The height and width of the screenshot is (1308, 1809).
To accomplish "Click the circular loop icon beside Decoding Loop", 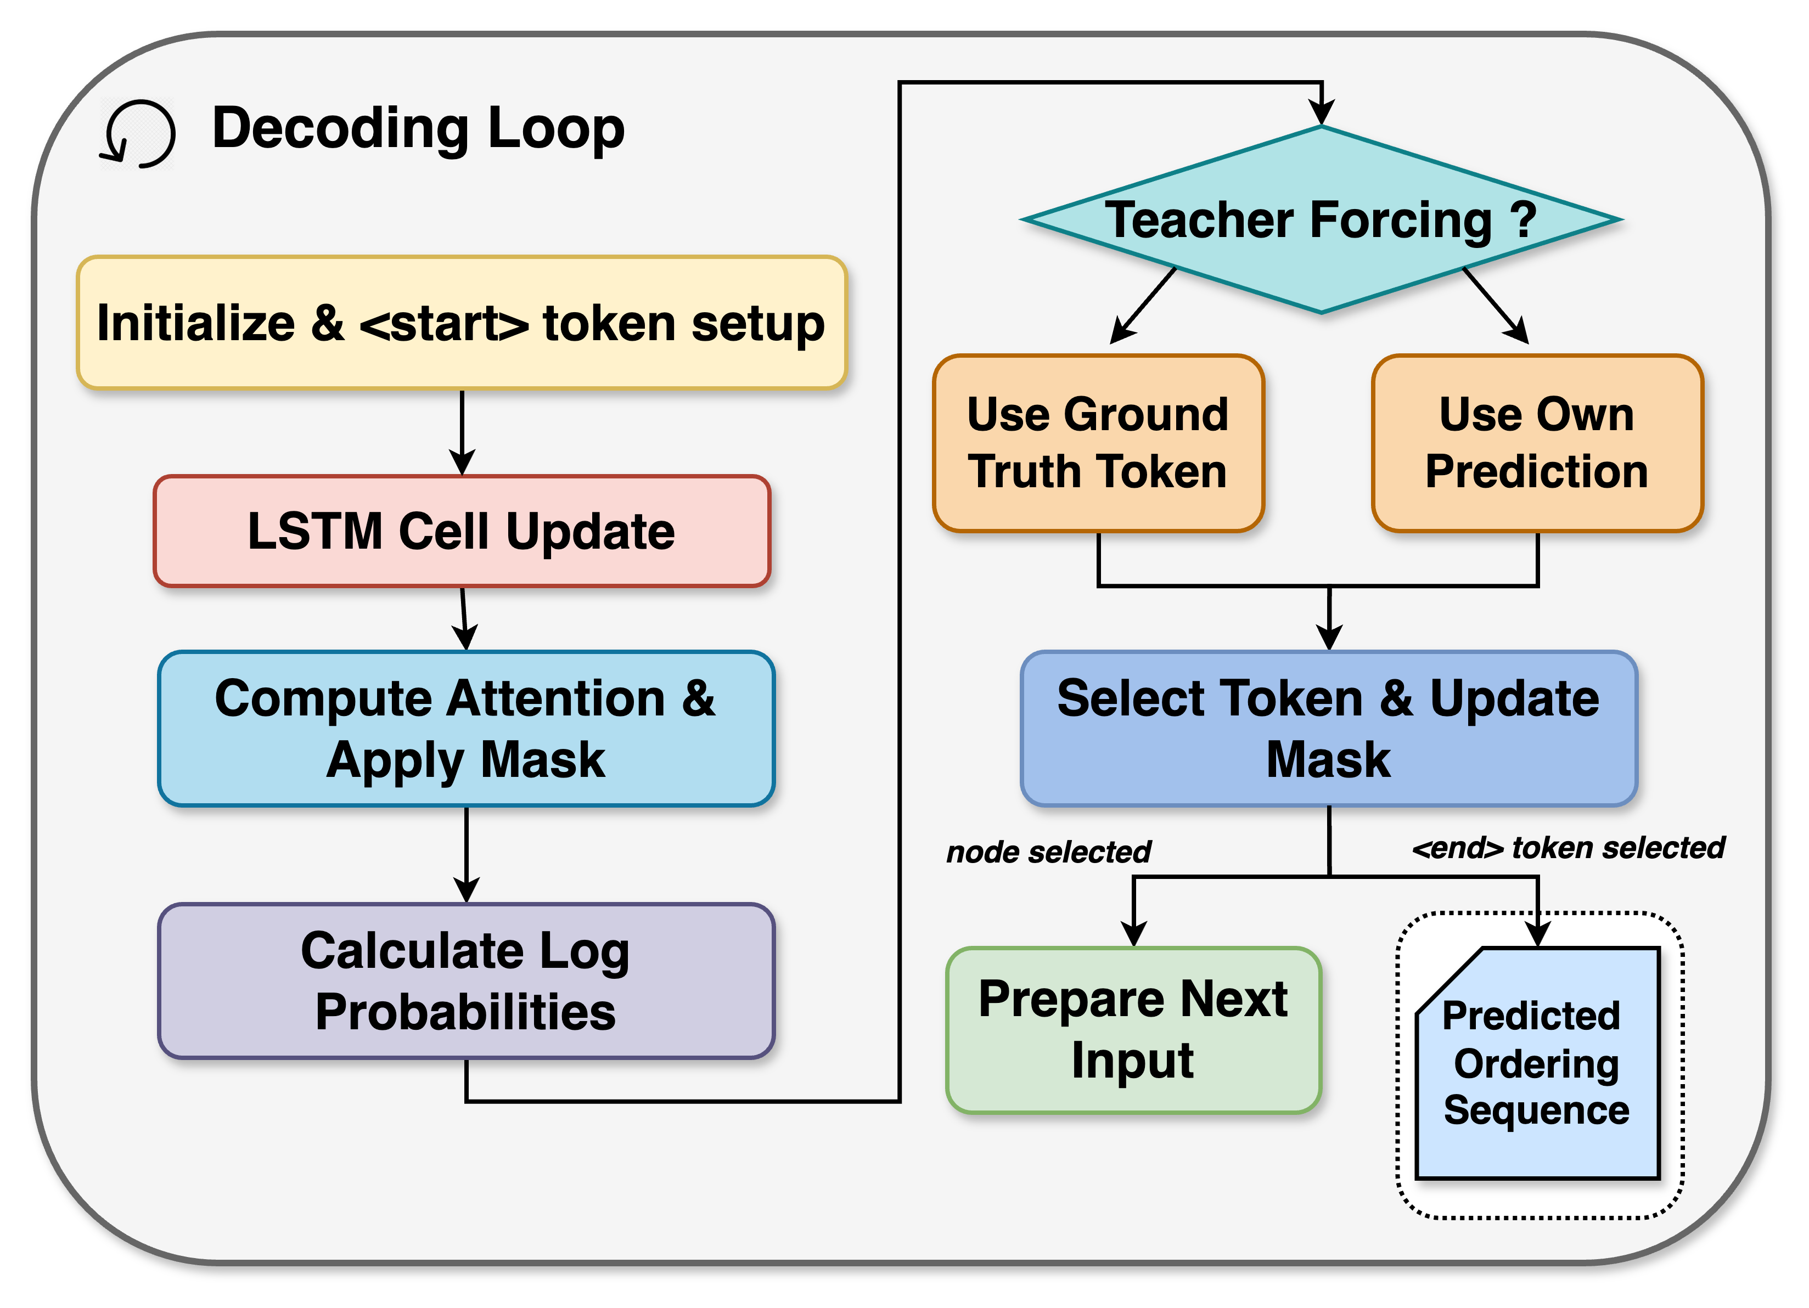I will tap(138, 133).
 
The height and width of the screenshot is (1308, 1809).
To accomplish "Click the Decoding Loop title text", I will tap(418, 128).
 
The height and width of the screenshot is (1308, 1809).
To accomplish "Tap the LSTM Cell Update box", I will tap(461, 531).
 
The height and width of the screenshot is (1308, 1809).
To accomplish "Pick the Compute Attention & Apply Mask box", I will tap(466, 728).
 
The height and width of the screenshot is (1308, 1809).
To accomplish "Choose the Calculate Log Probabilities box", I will tap(466, 980).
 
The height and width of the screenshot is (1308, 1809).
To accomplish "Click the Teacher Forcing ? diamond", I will tap(1321, 219).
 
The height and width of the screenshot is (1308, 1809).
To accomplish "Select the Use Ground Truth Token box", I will tap(1098, 443).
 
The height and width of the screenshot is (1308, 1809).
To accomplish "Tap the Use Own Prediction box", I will tap(1536, 443).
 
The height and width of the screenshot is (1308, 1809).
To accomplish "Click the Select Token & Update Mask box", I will tap(1328, 728).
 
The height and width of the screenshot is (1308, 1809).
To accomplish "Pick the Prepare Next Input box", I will tap(1133, 1030).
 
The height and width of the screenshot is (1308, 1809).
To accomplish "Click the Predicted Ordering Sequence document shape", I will tap(1536, 1065).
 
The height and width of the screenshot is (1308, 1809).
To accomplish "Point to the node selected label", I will tap(1048, 852).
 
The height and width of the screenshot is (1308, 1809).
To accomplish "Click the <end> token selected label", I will tap(1568, 847).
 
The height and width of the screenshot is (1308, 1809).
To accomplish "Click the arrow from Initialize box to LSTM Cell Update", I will tap(462, 431).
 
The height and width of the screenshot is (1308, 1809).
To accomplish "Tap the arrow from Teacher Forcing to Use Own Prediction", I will tap(1496, 306).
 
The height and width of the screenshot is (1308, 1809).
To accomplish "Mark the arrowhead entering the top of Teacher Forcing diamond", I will tap(1322, 112).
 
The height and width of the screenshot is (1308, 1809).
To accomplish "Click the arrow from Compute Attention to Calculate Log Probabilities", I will tap(466, 853).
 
